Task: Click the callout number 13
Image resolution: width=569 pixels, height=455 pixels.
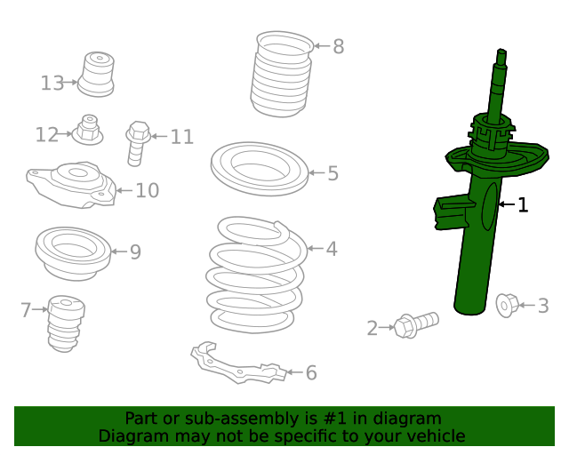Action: pyautogui.click(x=52, y=83)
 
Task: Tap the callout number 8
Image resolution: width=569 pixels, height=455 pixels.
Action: pyautogui.click(x=338, y=46)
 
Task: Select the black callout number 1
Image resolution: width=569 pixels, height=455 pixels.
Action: pyautogui.click(x=523, y=205)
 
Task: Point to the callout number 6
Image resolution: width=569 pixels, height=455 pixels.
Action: pyautogui.click(x=311, y=372)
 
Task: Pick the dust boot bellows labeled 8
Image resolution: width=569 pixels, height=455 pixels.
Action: pyautogui.click(x=281, y=75)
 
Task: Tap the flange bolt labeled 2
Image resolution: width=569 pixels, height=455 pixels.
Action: pyautogui.click(x=416, y=324)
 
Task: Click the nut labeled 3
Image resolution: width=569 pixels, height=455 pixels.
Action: pyautogui.click(x=508, y=306)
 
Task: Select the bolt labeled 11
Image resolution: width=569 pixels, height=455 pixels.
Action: pyautogui.click(x=138, y=143)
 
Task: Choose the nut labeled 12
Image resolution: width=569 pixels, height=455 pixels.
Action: pyautogui.click(x=88, y=130)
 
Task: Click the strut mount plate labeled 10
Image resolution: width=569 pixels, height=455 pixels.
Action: pyautogui.click(x=71, y=186)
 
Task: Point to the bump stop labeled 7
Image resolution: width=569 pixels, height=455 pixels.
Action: pyautogui.click(x=66, y=323)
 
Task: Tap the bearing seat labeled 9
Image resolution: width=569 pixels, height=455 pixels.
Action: pyautogui.click(x=73, y=254)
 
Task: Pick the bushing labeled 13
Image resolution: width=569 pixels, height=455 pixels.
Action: pyautogui.click(x=96, y=75)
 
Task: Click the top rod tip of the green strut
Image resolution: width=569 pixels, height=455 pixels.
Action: pyautogui.click(x=501, y=51)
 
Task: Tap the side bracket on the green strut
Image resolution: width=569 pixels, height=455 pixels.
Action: pyautogui.click(x=453, y=212)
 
